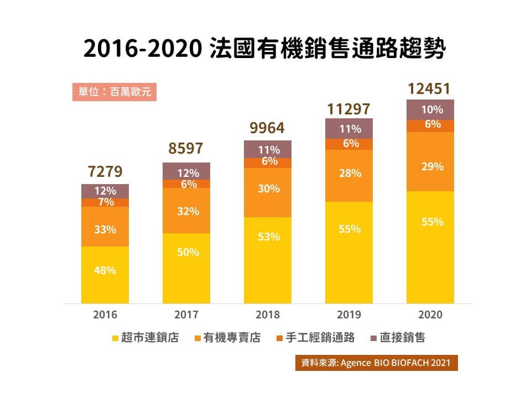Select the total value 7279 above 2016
point(105,171)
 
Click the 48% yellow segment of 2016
point(105,271)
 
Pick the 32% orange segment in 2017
point(186,211)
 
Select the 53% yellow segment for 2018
point(268,237)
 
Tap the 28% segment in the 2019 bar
point(349,174)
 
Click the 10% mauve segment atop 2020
point(430,109)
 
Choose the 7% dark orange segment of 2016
point(105,202)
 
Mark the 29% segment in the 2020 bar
point(430,166)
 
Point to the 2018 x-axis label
point(268,315)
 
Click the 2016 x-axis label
point(105,315)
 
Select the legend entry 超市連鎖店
point(145,338)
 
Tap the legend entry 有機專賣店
point(227,338)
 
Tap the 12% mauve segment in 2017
point(186,172)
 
